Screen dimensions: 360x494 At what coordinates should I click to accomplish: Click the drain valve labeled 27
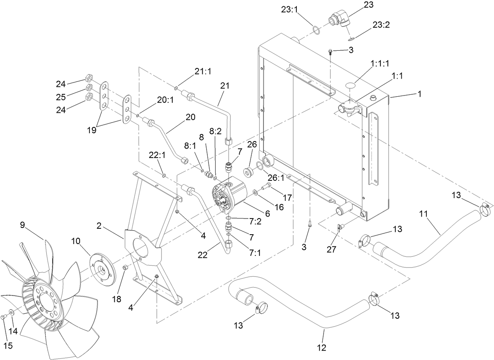coord(340,227)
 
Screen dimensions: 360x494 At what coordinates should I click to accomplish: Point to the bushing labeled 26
coord(248,172)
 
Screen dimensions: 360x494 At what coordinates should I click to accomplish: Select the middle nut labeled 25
coord(90,87)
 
